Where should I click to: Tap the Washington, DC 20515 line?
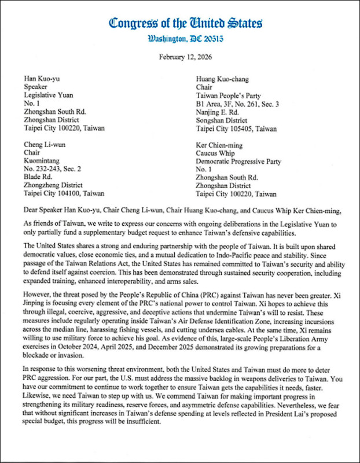[x=185, y=39]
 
